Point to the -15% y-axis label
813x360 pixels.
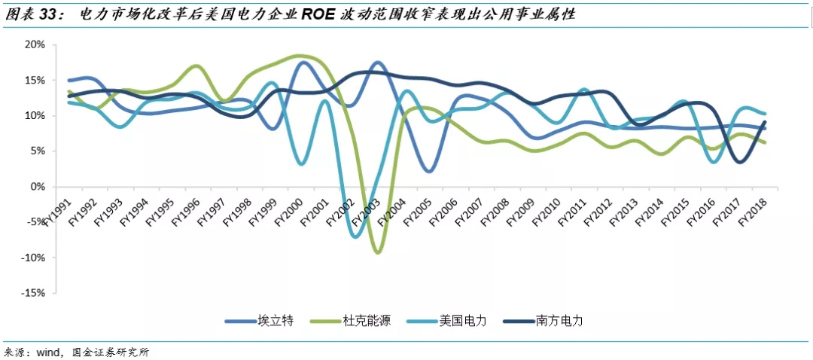[x=34, y=293]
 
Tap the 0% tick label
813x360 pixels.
[x=38, y=186]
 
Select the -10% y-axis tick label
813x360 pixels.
[x=34, y=258]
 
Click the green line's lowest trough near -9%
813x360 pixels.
[x=377, y=252]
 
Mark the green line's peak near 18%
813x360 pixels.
[x=299, y=56]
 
